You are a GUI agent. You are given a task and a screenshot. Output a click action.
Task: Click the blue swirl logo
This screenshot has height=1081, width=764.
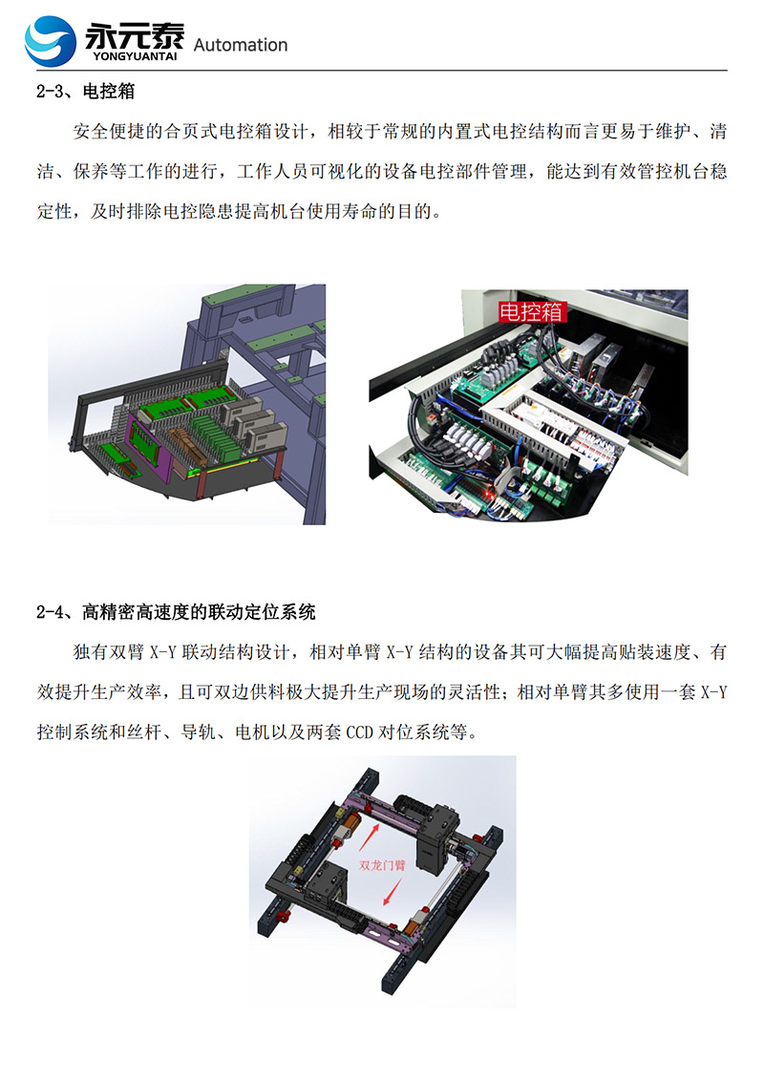pyautogui.click(x=50, y=41)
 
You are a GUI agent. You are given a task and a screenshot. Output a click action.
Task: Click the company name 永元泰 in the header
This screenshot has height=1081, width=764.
pyautogui.click(x=136, y=37)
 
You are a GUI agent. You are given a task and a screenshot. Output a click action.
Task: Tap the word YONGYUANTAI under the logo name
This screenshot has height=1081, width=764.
pyautogui.click(x=136, y=56)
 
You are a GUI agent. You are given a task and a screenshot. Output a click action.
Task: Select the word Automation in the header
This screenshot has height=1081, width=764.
pyautogui.click(x=241, y=46)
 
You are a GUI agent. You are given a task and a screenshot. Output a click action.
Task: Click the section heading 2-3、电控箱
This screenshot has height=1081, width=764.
pyautogui.click(x=86, y=92)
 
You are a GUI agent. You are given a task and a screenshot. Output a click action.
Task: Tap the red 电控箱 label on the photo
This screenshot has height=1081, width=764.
pyautogui.click(x=531, y=311)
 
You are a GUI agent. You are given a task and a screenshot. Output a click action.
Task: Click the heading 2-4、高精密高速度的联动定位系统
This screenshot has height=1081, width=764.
pyautogui.click(x=176, y=612)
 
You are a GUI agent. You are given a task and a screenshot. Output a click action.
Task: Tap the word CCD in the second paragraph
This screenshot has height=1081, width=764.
pyautogui.click(x=359, y=732)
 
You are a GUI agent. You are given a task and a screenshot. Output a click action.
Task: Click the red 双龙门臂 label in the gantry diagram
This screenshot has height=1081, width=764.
pyautogui.click(x=382, y=864)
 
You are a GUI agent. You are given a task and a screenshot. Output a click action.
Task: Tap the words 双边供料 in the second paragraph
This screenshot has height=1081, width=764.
pyautogui.click(x=247, y=692)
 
